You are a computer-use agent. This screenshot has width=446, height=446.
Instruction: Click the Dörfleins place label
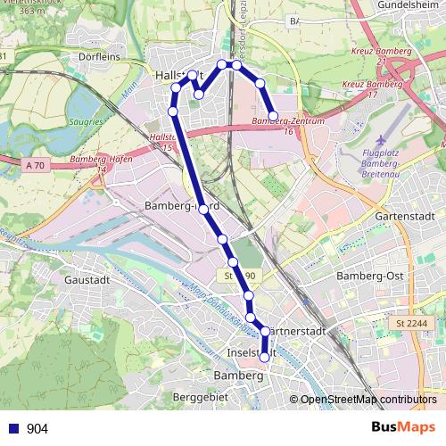[x=99, y=54]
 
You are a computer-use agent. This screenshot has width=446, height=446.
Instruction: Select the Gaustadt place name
[x=86, y=278]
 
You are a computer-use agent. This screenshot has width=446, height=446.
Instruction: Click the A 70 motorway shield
[x=36, y=166]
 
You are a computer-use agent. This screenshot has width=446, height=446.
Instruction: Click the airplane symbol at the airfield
[x=381, y=140]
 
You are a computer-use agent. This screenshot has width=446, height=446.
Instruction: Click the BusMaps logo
[x=404, y=427]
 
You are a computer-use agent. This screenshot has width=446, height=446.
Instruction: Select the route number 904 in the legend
[x=37, y=429]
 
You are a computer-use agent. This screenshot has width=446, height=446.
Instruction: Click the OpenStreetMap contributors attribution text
[x=368, y=400]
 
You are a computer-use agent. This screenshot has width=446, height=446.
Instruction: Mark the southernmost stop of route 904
[x=265, y=357]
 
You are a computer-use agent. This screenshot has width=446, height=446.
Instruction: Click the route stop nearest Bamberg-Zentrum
[x=273, y=116]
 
